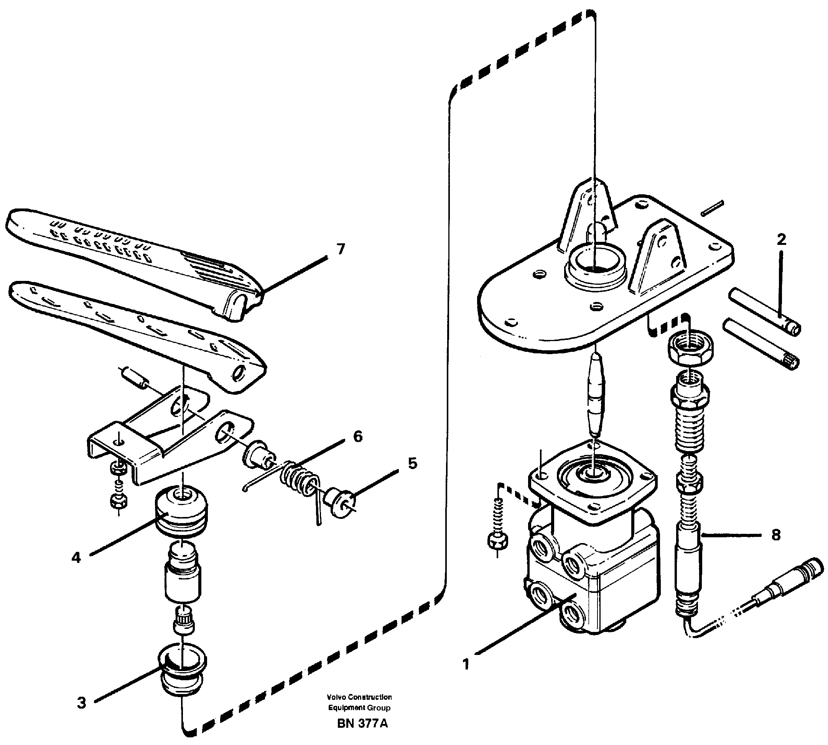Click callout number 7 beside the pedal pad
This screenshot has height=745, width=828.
(340, 249)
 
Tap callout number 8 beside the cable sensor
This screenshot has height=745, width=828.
(775, 535)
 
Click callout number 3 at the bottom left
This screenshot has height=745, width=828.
(82, 703)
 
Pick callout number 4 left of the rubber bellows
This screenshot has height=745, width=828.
(76, 558)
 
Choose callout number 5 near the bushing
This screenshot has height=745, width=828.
(412, 464)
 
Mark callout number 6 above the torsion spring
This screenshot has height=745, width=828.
(358, 437)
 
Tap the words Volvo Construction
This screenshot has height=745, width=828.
(359, 697)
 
